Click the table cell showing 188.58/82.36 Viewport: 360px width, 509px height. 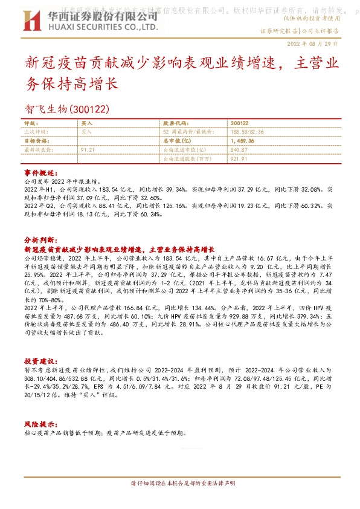(248, 131)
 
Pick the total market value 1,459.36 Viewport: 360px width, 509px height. (242, 140)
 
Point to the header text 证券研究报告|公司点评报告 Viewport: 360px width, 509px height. (298, 30)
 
